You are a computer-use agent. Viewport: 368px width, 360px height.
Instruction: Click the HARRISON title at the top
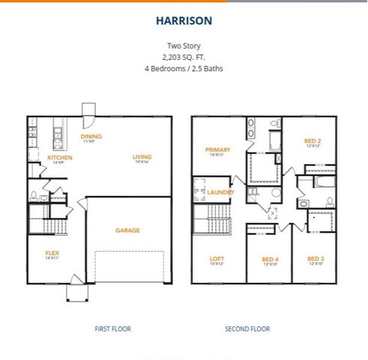[x=184, y=21]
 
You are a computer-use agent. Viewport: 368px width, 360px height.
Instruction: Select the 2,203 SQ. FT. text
[x=184, y=56]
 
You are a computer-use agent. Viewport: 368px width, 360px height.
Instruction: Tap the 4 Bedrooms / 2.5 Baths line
[x=184, y=68]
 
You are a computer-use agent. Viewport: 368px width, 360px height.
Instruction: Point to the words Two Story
[x=184, y=45]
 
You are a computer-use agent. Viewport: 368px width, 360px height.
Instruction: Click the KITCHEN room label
[x=60, y=158]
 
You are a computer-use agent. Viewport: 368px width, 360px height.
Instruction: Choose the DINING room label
[x=92, y=137]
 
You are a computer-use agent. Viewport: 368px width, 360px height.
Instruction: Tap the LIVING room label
[x=142, y=157]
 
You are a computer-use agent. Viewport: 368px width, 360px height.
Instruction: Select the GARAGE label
[x=127, y=230]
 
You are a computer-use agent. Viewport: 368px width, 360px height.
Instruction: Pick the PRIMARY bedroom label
[x=217, y=150]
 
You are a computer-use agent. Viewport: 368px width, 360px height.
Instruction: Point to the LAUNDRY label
[x=222, y=192]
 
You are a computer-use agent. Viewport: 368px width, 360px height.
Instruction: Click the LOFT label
[x=217, y=259]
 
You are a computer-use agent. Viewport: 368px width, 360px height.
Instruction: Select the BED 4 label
[x=270, y=259]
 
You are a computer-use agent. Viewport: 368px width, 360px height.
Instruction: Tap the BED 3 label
[x=316, y=259]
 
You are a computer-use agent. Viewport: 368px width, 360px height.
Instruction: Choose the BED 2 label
[x=313, y=142]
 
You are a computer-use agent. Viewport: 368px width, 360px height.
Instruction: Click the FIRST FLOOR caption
[x=109, y=328]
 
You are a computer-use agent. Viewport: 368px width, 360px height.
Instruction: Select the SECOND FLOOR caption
[x=248, y=328]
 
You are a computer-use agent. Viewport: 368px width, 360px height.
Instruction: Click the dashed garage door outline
[x=128, y=265]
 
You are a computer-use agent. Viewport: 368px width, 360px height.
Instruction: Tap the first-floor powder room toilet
[x=34, y=196]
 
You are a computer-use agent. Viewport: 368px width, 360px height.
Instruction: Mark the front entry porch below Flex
[x=77, y=291]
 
